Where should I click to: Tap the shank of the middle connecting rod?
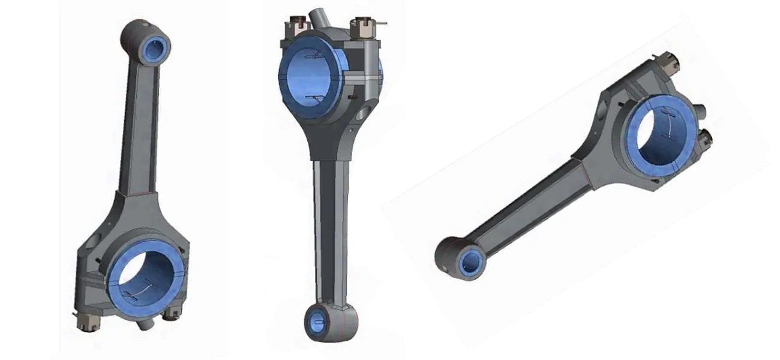tap(331, 228)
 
